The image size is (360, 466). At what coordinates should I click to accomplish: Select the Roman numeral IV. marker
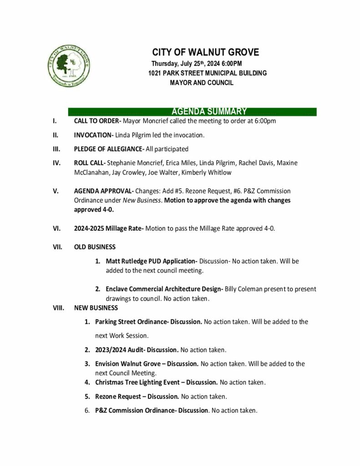(x=56, y=162)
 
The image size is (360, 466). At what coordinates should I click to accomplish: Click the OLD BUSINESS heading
(x=95, y=247)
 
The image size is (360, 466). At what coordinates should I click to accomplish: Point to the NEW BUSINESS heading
(x=96, y=308)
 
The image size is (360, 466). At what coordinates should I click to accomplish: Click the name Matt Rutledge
(x=127, y=261)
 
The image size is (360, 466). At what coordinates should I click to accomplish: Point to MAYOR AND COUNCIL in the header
(x=201, y=83)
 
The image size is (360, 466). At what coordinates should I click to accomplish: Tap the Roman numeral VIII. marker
(x=58, y=308)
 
